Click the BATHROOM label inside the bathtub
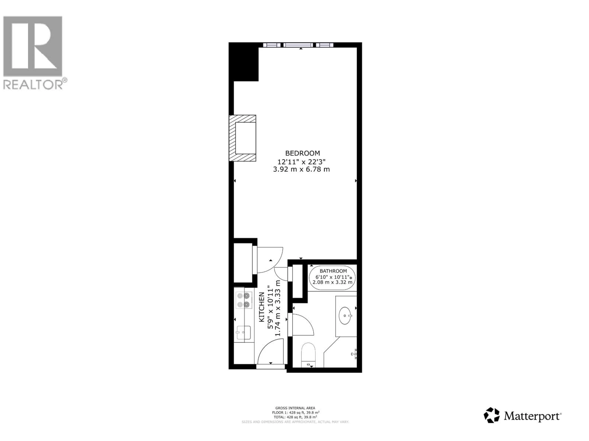[333, 271]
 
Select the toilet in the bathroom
[308, 354]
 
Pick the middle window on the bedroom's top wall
[298, 45]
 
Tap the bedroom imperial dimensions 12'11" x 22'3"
[301, 162]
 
